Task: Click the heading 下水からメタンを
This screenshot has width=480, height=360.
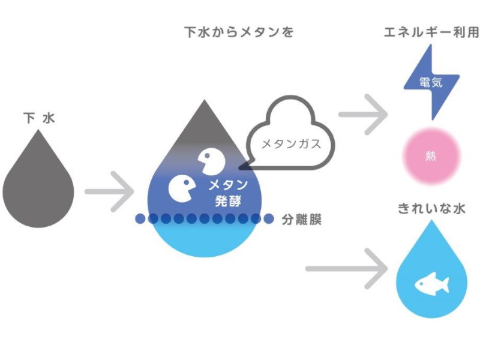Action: (239, 32)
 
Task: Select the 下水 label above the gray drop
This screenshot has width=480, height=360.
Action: (38, 118)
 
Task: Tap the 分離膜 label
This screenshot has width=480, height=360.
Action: (302, 220)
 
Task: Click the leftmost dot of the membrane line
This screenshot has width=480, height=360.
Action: (140, 219)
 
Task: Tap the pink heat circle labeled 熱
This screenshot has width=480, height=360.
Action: (431, 156)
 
